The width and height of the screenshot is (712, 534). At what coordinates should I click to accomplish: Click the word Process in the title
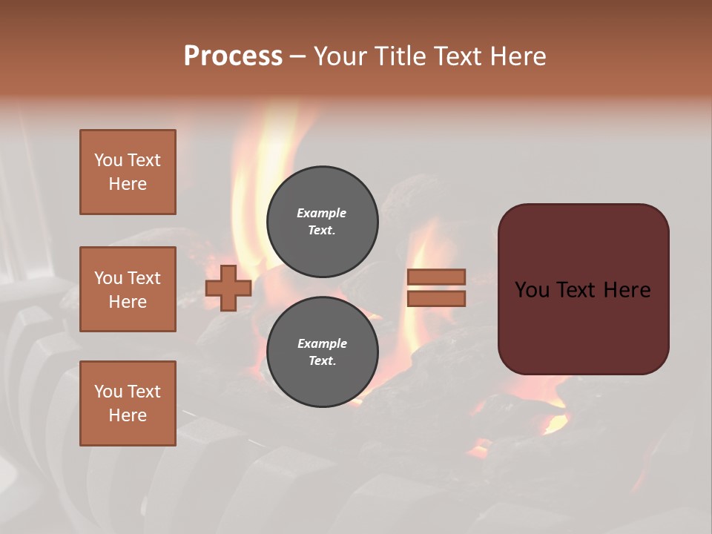click(233, 56)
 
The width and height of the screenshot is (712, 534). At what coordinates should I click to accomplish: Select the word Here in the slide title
click(518, 56)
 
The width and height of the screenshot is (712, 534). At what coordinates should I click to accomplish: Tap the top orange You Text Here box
click(128, 172)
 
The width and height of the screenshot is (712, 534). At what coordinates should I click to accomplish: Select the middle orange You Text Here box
click(128, 289)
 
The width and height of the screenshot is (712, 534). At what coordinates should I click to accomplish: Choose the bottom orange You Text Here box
click(128, 403)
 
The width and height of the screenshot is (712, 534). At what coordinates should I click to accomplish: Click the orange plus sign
click(228, 288)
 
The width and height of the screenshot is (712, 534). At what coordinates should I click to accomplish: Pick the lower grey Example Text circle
click(322, 352)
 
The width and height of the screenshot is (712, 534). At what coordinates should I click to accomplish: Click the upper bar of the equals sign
click(436, 277)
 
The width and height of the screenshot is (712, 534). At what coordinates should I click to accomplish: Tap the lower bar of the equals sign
click(436, 298)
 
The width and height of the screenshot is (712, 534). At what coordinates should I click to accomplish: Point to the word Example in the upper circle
click(321, 213)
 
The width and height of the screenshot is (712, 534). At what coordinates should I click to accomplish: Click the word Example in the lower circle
click(321, 343)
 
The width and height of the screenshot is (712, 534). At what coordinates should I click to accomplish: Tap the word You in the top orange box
click(108, 160)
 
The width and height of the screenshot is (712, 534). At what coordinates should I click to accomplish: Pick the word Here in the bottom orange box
click(128, 415)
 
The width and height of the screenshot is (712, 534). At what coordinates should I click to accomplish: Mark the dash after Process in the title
click(297, 57)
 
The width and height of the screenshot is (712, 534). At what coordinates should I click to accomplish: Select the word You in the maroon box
click(532, 290)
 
